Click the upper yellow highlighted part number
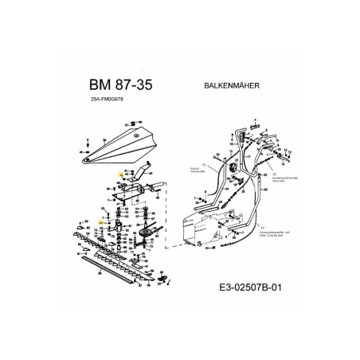point(119,174)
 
